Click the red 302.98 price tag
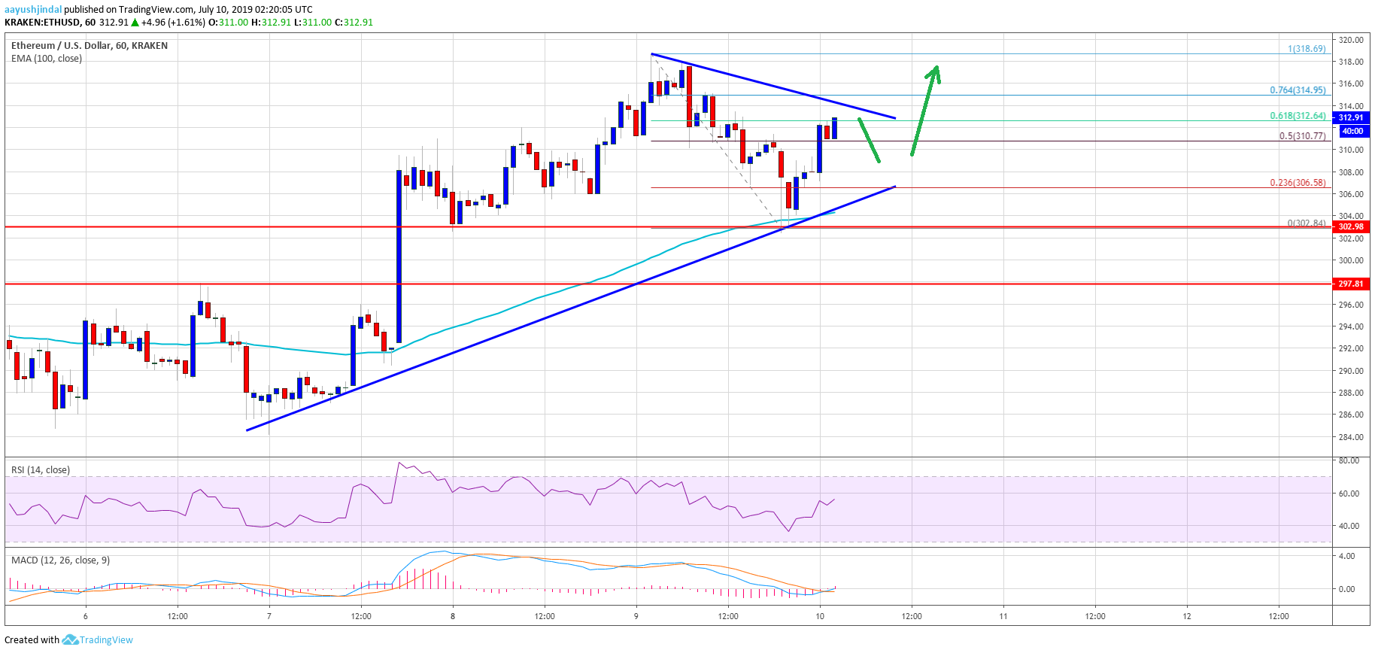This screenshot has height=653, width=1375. [1350, 226]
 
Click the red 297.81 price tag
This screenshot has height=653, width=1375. [1350, 284]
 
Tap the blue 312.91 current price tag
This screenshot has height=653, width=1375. [1350, 117]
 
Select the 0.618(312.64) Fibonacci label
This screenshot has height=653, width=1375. [1298, 116]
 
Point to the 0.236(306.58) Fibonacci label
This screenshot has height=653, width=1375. [1298, 183]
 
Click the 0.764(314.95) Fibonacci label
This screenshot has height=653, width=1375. [1298, 90]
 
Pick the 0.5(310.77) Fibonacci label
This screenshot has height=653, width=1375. [1303, 136]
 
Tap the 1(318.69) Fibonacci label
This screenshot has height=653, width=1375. [1307, 49]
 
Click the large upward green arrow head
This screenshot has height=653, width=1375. [935, 72]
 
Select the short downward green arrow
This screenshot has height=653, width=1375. [869, 140]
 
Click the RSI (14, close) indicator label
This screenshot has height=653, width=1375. [41, 470]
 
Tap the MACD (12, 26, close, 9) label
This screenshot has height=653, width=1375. [60, 560]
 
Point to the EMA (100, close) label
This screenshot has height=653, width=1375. [47, 59]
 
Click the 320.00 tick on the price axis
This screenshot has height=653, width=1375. [1350, 40]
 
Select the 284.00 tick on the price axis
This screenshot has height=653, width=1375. [1350, 437]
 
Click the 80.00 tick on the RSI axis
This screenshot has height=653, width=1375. [1349, 460]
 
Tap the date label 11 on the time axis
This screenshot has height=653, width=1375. [1003, 616]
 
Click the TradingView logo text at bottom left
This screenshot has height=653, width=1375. [105, 640]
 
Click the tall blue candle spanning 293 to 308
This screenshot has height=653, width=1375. [399, 256]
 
